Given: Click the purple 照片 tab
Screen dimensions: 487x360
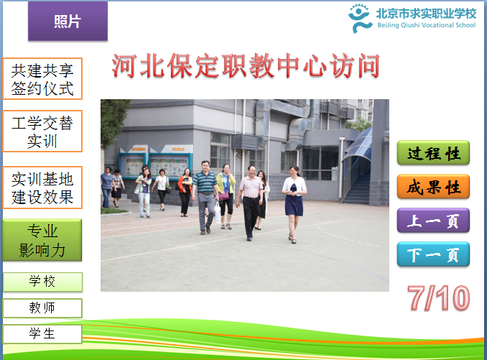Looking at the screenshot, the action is [68, 21].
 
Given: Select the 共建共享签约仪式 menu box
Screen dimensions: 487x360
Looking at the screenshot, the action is [42, 79].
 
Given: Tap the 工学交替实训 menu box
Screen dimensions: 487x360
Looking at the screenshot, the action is [42, 131].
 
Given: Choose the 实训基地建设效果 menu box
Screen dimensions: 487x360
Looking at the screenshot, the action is [42, 188].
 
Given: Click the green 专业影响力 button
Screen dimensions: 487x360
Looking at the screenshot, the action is [42, 240].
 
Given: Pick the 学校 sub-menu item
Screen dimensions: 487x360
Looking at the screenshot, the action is [42, 282].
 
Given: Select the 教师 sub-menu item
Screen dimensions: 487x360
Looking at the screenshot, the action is [42, 308].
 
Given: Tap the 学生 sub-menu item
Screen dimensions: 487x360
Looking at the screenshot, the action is [42, 334].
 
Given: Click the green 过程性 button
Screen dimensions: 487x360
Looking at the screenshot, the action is [433, 153].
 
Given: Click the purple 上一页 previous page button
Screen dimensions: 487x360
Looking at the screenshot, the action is [433, 221].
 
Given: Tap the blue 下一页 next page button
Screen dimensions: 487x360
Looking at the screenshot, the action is [433, 254].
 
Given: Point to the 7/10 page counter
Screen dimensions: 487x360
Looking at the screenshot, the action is [439, 298].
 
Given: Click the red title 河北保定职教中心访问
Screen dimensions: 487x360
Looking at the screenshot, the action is [246, 65].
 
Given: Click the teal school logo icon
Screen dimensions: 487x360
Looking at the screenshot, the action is [360, 18].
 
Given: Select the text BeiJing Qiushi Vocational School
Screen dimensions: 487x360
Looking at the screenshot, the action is [426, 25].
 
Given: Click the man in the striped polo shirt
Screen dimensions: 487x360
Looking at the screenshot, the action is [205, 198].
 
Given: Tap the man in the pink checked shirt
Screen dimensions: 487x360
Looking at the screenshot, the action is [250, 203].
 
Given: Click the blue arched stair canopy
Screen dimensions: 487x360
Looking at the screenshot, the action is [357, 146].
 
